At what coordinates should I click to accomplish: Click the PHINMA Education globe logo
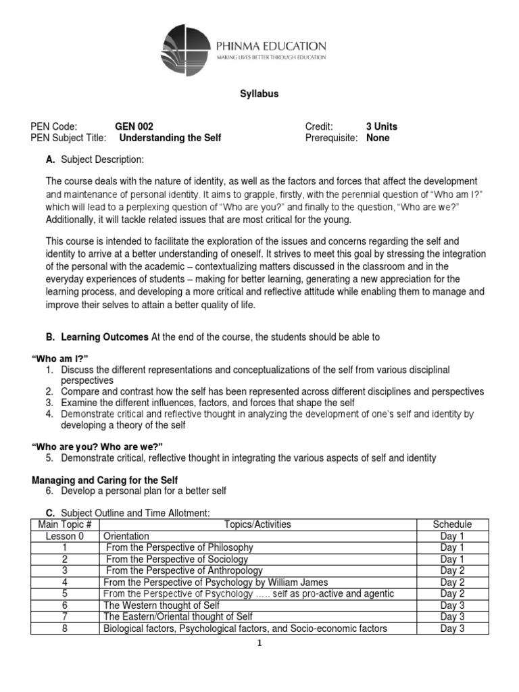tap(187, 49)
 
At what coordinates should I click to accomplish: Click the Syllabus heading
tap(259, 95)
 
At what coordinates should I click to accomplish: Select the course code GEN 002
tap(134, 126)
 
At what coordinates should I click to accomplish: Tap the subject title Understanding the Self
tap(170, 138)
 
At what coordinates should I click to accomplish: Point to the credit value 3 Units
tap(382, 126)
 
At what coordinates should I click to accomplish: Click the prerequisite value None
tap(378, 138)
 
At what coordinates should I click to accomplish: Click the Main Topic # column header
tap(66, 524)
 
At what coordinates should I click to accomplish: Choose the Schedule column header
tap(452, 524)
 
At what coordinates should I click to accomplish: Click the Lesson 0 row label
tap(66, 536)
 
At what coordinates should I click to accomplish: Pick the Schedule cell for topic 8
tap(452, 628)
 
